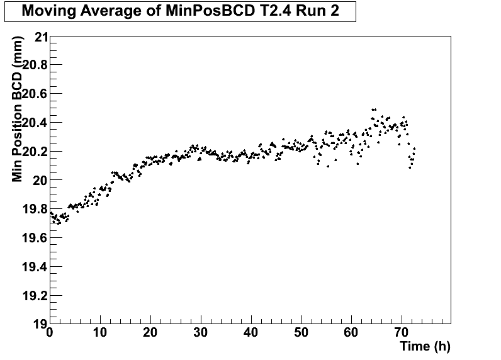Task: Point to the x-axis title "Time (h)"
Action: [425, 346]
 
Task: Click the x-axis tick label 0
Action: [50, 332]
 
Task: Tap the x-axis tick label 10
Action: [100, 332]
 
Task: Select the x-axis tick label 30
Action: [201, 332]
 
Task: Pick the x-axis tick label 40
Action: [251, 332]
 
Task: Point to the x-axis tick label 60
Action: [351, 332]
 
